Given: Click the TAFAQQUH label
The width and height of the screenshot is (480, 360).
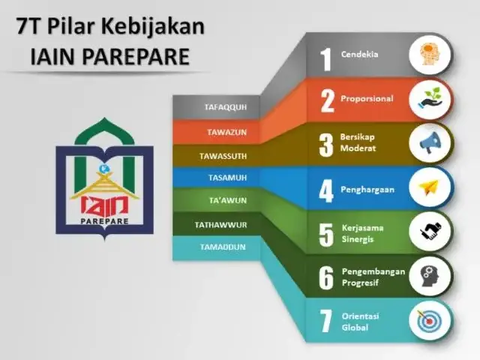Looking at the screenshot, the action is click(226, 107).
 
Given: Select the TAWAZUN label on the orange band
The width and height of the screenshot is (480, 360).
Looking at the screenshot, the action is click(226, 132).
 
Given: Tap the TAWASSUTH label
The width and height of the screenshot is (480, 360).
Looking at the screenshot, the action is click(223, 156).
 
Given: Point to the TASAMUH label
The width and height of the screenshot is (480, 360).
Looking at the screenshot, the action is click(227, 178).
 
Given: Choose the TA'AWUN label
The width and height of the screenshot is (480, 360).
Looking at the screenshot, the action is click(228, 200).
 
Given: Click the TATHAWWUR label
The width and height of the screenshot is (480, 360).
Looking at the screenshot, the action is click(220, 225).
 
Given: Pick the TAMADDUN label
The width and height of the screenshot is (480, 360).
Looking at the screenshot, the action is click(223, 247).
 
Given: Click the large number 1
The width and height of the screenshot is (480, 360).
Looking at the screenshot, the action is click(325, 59).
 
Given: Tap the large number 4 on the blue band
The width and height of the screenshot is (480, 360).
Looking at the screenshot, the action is click(325, 191).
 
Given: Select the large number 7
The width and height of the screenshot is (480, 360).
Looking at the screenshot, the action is click(325, 321).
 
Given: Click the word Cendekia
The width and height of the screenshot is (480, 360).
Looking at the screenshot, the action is click(360, 54).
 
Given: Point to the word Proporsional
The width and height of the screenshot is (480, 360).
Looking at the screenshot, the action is click(367, 98).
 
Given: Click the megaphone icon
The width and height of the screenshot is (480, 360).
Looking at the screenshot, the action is click(430, 142).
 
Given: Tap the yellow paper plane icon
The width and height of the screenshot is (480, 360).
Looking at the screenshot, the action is click(429, 187).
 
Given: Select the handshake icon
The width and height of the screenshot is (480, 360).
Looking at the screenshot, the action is click(430, 231).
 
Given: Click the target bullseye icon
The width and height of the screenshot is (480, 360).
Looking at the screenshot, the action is click(429, 320).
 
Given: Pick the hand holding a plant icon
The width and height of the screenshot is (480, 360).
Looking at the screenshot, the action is click(430, 98).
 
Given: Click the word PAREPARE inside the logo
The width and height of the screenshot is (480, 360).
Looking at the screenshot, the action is click(104, 221).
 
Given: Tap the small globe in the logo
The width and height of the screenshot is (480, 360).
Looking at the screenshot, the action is click(103, 168).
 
